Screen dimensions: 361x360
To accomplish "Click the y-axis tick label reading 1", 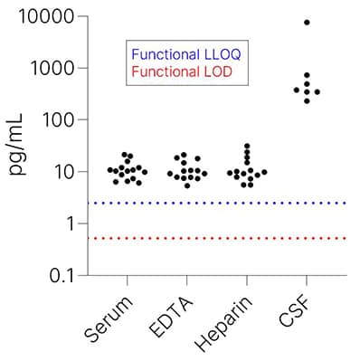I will (x=71, y=223).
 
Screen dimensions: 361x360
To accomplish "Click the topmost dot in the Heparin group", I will (x=247, y=146).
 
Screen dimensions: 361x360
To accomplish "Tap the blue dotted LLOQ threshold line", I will (x=217, y=203).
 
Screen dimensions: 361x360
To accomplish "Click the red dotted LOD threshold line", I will (x=217, y=238).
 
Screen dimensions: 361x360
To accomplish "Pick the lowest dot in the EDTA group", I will (x=187, y=185).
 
